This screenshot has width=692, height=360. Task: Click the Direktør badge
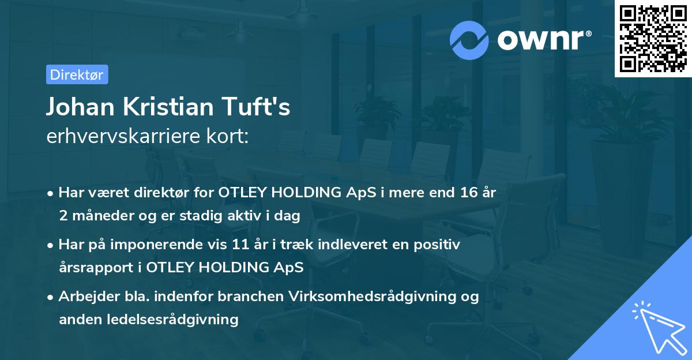coord(77,74)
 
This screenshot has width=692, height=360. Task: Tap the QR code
coord(653,39)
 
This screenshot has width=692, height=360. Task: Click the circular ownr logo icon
coord(470,40)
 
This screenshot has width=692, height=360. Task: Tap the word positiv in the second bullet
coord(438,245)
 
